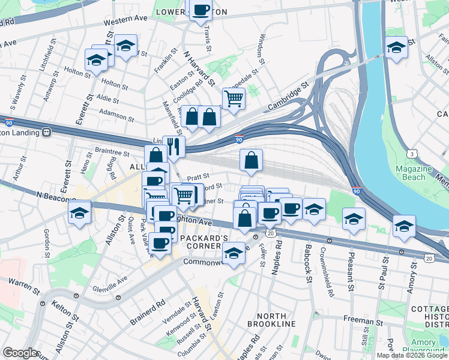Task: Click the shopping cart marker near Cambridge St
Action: [234, 99]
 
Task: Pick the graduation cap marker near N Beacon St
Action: [80, 212]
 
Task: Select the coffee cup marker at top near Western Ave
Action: [200, 11]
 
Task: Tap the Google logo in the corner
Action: [20, 353]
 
